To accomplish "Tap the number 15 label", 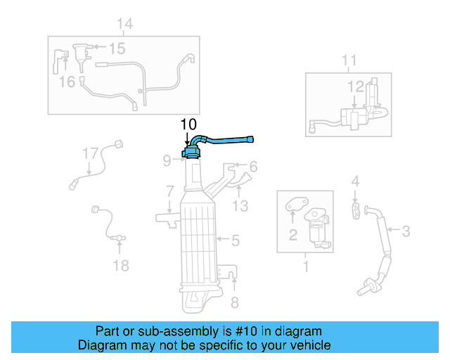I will point(117,49).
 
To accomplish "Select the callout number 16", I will point(67,82).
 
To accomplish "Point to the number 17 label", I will point(91,153).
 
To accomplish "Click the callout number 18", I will point(121,265).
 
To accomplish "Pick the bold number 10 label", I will point(188,124).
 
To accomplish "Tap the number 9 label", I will point(167,161).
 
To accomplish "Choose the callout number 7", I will point(170,191).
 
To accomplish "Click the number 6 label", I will point(253,167).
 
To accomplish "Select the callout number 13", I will point(240,205).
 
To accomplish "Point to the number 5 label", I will point(236,240).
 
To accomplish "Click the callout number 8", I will point(236,302).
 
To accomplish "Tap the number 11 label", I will point(349,63).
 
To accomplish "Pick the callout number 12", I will point(355,86).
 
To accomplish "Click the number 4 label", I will point(356,181).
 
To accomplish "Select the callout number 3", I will point(406,229).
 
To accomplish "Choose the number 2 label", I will point(292,236).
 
